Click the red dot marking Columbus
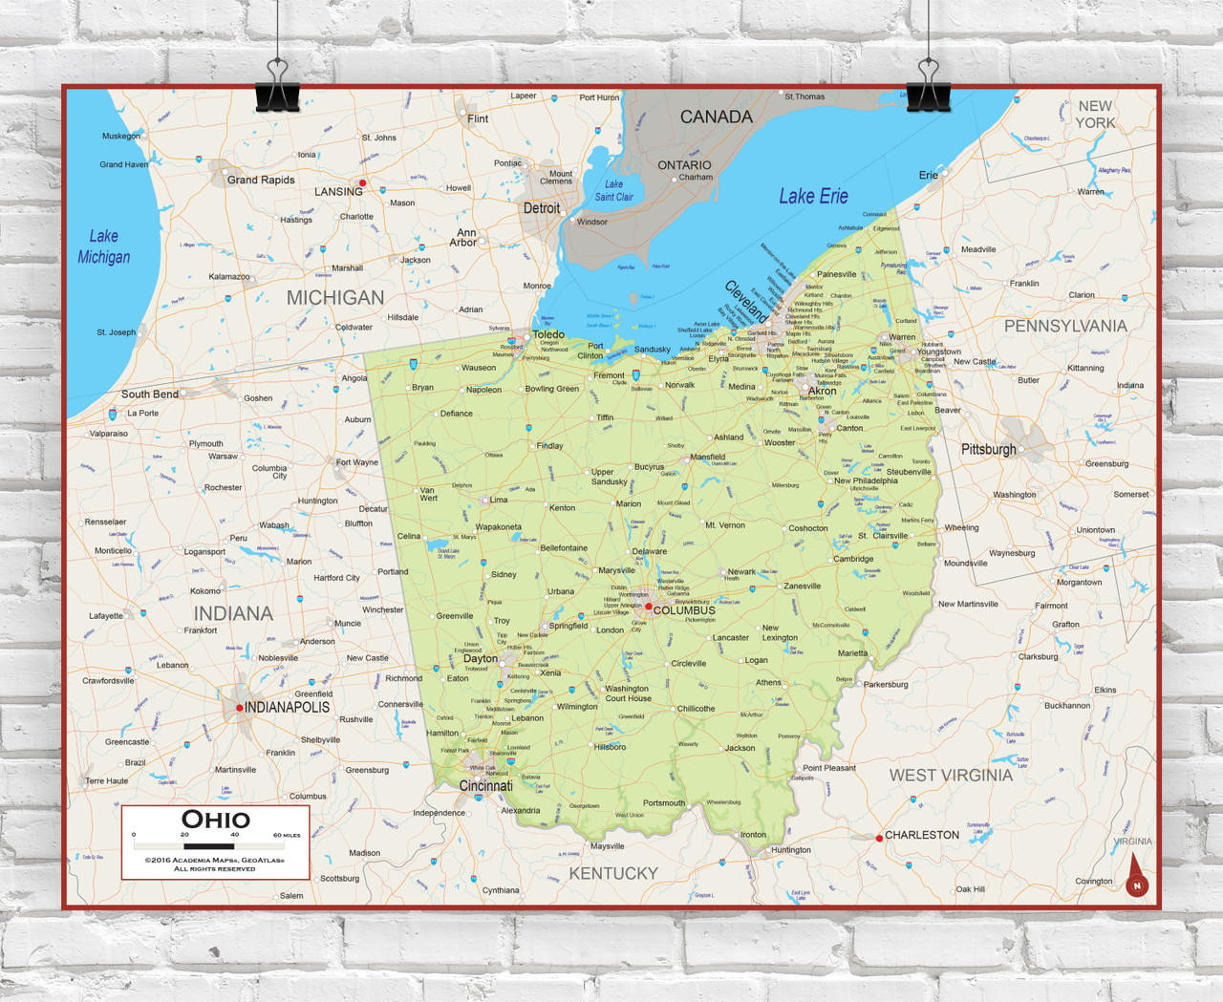tap(649, 607)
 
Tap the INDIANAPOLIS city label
tap(287, 708)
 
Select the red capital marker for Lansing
tap(362, 182)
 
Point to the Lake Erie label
tap(813, 196)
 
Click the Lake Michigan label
tap(104, 246)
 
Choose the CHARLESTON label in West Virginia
tap(921, 835)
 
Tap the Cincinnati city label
tap(486, 786)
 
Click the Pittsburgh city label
tap(988, 449)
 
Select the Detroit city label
tap(542, 208)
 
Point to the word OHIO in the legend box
tap(216, 820)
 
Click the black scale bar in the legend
tap(209, 846)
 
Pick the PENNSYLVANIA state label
tap(1065, 326)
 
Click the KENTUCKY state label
tap(613, 873)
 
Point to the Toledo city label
tap(548, 334)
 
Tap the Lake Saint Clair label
tap(613, 191)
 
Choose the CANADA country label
tap(716, 117)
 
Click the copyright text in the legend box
tap(215, 864)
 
